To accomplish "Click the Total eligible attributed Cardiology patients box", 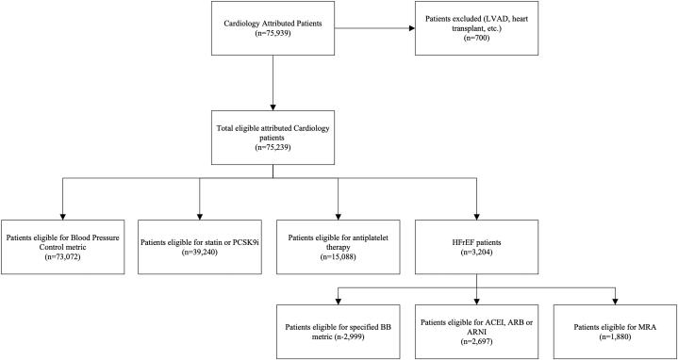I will (272, 139).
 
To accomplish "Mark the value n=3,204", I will (476, 240).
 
